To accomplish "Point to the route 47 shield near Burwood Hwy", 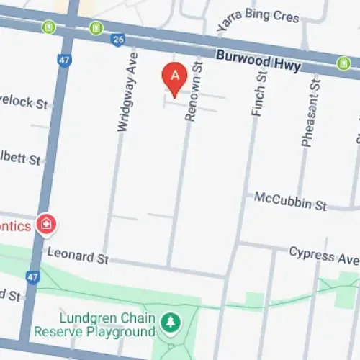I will pyautogui.click(x=64, y=60).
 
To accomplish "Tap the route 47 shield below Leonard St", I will pyautogui.click(x=32, y=276).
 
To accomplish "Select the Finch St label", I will pyautogui.click(x=259, y=100).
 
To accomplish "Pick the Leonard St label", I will pyautogui.click(x=77, y=256).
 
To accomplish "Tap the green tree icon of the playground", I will pyautogui.click(x=171, y=320).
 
